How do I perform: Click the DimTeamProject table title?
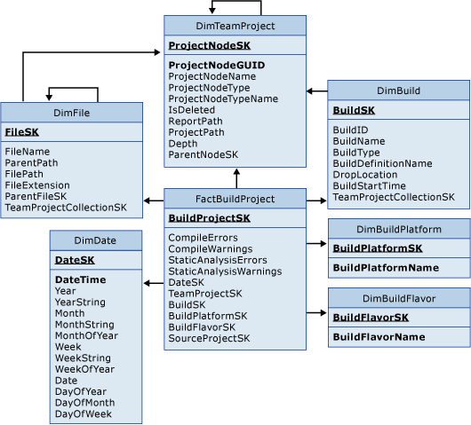(235, 26)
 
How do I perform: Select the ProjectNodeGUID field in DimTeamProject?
(216, 65)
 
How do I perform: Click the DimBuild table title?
(399, 91)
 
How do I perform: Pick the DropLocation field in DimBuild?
(365, 174)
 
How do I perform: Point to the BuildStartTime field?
(369, 185)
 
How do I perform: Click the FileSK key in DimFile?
(21, 131)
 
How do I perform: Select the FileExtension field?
(38, 185)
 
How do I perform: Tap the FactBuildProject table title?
(235, 199)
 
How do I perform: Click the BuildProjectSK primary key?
(209, 218)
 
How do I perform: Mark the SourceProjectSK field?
(209, 338)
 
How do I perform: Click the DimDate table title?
(95, 240)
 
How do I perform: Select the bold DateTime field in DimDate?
(80, 279)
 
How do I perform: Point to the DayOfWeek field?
(84, 413)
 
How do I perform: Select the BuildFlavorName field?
(378, 337)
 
